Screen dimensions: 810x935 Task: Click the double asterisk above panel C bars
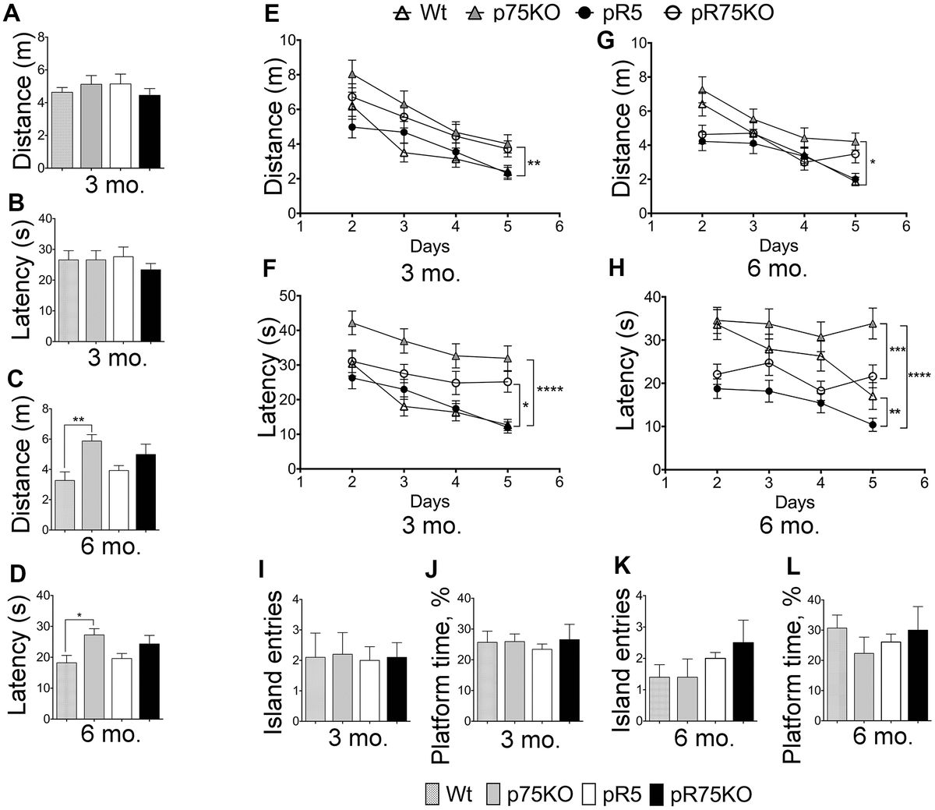[79, 420]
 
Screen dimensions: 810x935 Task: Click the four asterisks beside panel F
[550, 390]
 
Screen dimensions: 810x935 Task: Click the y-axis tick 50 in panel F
[285, 296]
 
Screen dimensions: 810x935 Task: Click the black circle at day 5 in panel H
[873, 425]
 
